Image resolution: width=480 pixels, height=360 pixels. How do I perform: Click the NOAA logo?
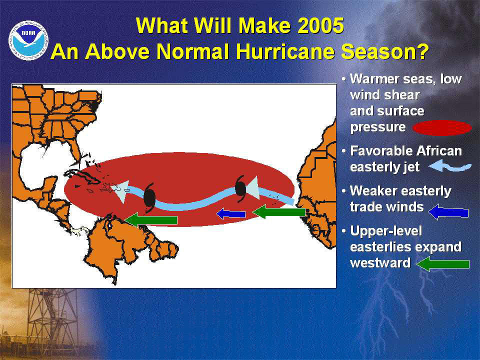tap(28, 40)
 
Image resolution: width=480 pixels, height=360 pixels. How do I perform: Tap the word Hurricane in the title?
tap(284, 51)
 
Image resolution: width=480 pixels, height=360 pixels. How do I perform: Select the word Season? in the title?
tap(384, 51)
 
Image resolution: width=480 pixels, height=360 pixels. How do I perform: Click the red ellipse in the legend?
tap(442, 128)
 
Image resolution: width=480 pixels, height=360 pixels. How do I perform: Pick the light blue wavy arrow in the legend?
tap(450, 166)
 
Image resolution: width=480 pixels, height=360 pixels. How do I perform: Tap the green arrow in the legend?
tap(443, 264)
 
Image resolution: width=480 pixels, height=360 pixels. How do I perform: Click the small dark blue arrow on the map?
tap(231, 213)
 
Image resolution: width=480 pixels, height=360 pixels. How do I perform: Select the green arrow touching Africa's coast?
tap(279, 212)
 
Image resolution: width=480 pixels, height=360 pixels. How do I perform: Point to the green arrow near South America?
tap(151, 220)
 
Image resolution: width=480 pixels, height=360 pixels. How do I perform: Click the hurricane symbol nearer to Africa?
tap(240, 189)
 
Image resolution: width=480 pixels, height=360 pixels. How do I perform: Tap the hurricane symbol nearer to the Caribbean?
tap(149, 197)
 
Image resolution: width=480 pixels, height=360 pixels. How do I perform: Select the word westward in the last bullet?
tap(380, 263)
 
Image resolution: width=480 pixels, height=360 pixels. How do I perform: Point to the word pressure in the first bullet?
tap(378, 127)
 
